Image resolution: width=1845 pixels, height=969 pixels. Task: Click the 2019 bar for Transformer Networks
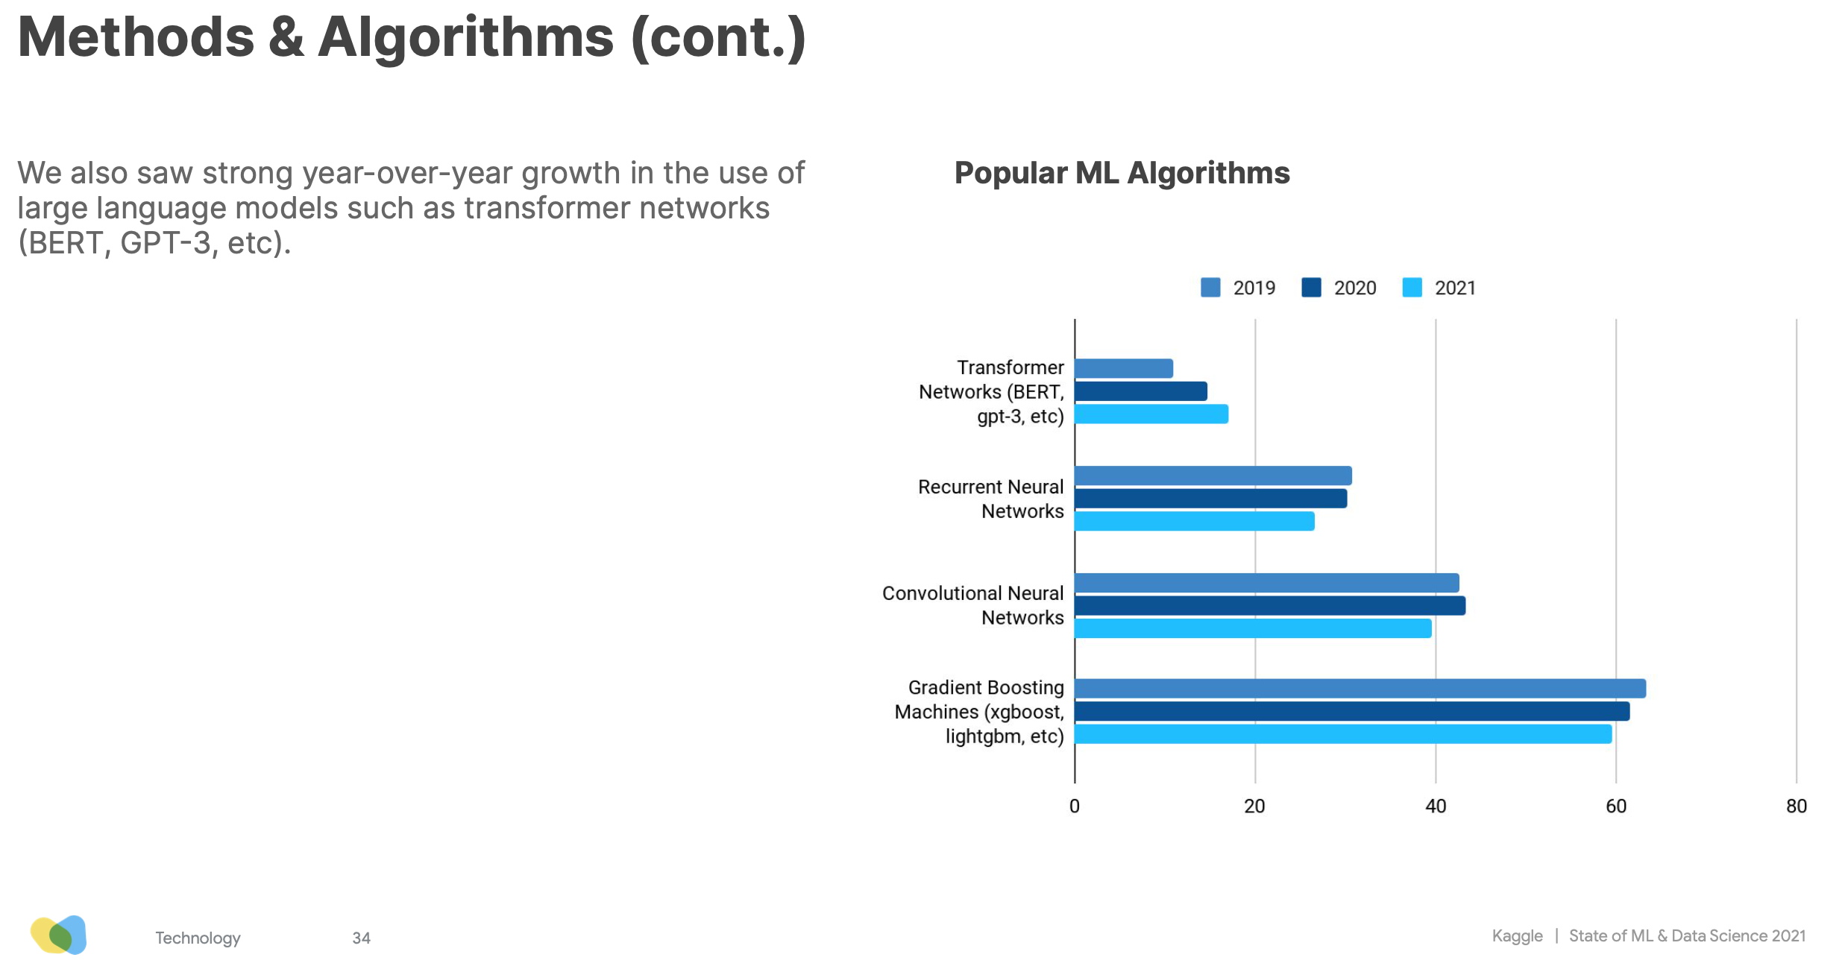click(x=1123, y=368)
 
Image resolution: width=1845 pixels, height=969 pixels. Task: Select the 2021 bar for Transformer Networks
click(x=1151, y=414)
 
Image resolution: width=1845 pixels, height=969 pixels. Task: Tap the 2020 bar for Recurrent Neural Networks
click(x=1210, y=499)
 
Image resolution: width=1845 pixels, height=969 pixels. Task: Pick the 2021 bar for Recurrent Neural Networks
click(x=1194, y=522)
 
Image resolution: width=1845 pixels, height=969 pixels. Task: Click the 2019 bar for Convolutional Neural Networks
click(x=1266, y=583)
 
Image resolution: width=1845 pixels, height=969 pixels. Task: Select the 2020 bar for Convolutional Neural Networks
click(x=1269, y=606)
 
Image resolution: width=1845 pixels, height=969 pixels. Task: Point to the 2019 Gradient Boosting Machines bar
click(x=1360, y=689)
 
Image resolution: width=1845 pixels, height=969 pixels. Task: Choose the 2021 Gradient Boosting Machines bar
click(x=1342, y=734)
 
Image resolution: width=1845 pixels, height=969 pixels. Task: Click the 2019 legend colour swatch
click(x=1210, y=288)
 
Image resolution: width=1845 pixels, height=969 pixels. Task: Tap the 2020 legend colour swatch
click(x=1311, y=288)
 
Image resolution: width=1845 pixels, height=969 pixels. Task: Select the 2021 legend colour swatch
click(x=1412, y=288)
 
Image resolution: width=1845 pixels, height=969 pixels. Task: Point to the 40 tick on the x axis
click(x=1436, y=807)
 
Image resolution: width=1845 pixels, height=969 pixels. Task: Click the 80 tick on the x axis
click(x=1797, y=807)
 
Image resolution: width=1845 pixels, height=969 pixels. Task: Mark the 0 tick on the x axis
click(x=1075, y=807)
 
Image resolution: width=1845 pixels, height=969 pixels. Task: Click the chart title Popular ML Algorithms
click(x=1122, y=173)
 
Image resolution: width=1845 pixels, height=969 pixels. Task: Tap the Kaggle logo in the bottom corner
click(x=59, y=935)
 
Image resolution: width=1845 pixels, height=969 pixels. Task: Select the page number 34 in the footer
click(x=362, y=938)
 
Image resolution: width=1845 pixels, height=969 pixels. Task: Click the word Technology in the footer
click(x=198, y=938)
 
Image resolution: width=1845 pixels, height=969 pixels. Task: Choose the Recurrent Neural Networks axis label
click(x=990, y=499)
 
